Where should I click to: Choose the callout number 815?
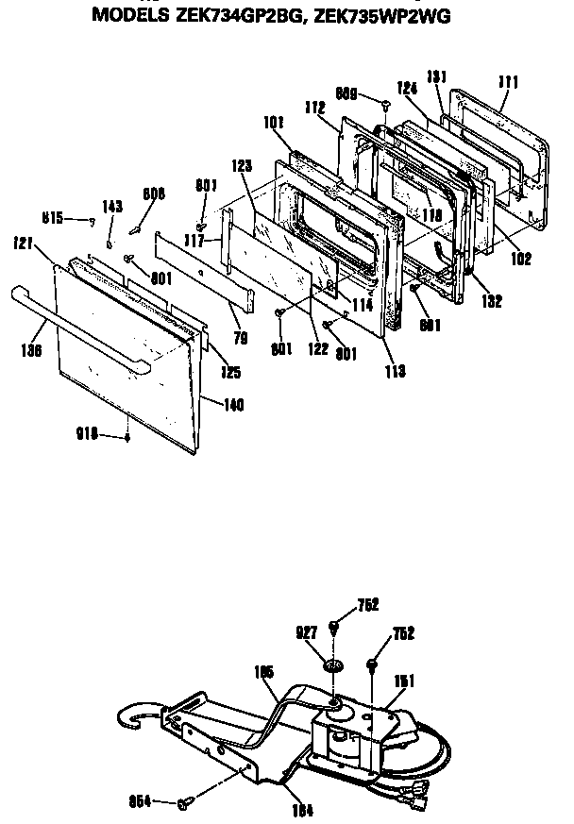(52, 218)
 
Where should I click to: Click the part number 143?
(112, 207)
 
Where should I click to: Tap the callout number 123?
(242, 164)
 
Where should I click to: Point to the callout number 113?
(396, 371)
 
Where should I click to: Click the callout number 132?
(491, 301)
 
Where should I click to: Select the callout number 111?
(509, 83)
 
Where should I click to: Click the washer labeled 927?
(331, 668)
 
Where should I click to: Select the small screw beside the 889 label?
(386, 101)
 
